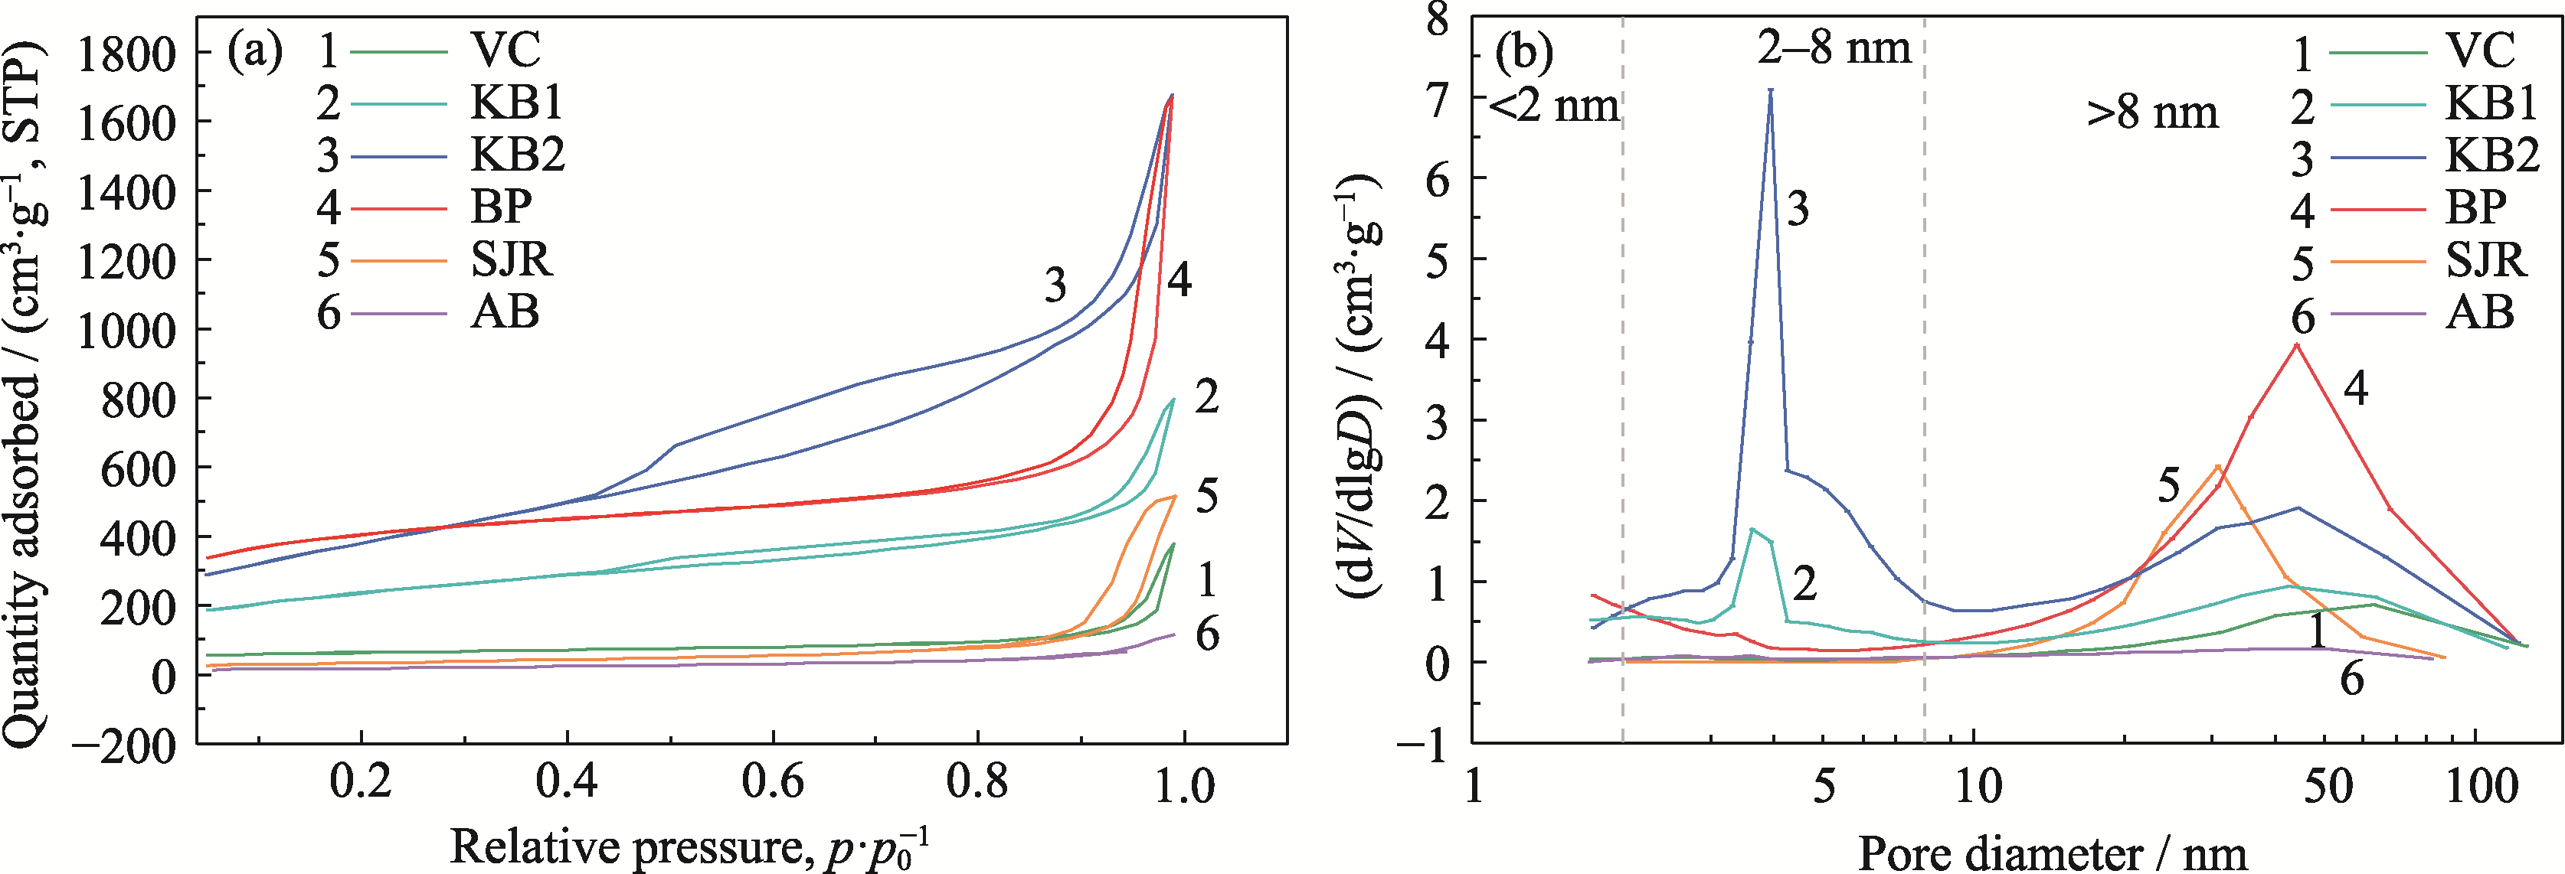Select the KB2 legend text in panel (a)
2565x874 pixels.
click(517, 155)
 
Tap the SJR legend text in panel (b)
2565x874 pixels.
click(2486, 259)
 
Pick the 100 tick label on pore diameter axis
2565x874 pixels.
click(2482, 787)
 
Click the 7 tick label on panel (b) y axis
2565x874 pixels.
click(1437, 99)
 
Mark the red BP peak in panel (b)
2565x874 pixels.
click(2296, 345)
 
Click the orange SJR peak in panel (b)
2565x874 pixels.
click(2217, 466)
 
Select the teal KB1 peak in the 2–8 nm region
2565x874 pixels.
click(1752, 529)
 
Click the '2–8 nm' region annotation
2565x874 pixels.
click(1834, 47)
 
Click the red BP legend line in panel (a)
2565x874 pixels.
click(398, 208)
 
